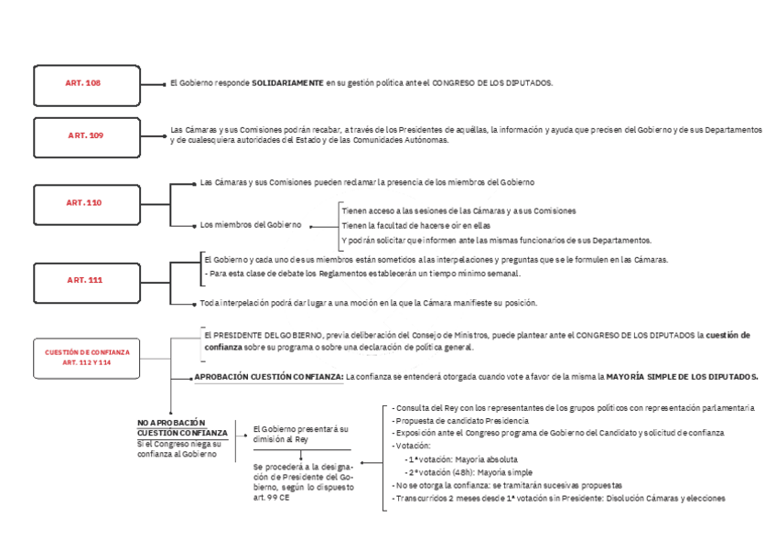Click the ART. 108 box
82,84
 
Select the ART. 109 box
85,135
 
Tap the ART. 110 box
85,202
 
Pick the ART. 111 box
85,280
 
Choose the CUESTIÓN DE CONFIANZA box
87,357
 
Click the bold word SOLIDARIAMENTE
287,83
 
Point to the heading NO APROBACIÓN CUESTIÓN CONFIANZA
182,427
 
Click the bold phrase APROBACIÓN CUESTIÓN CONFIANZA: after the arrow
268,376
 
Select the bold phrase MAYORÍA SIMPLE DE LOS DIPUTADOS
682,376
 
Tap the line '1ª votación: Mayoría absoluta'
463,458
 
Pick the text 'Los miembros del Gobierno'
251,225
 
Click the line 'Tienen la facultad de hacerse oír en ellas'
416,225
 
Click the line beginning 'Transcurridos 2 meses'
558,499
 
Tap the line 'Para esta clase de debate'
364,274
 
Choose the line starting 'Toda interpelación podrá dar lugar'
368,303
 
